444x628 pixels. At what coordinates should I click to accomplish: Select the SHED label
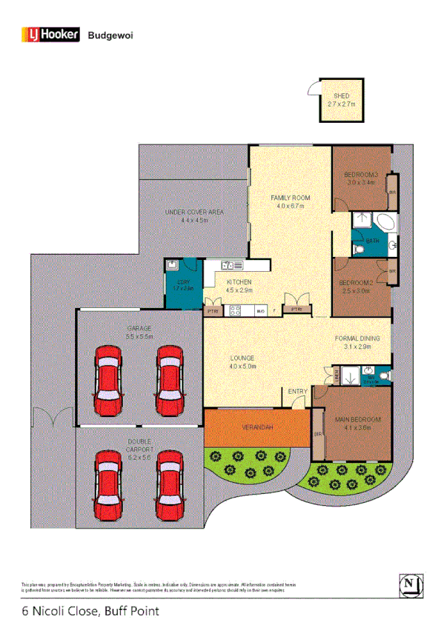tap(341, 96)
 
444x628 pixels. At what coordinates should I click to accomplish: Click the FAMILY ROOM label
tap(290, 198)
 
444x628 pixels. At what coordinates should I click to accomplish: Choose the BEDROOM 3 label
tap(361, 176)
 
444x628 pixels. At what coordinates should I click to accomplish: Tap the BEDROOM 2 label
tap(354, 283)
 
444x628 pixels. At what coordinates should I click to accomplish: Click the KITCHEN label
tap(239, 282)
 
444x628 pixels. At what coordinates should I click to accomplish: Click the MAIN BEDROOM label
tap(357, 420)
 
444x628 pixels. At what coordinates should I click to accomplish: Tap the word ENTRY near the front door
tap(298, 391)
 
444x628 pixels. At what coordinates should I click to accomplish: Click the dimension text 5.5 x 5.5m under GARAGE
tap(139, 336)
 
